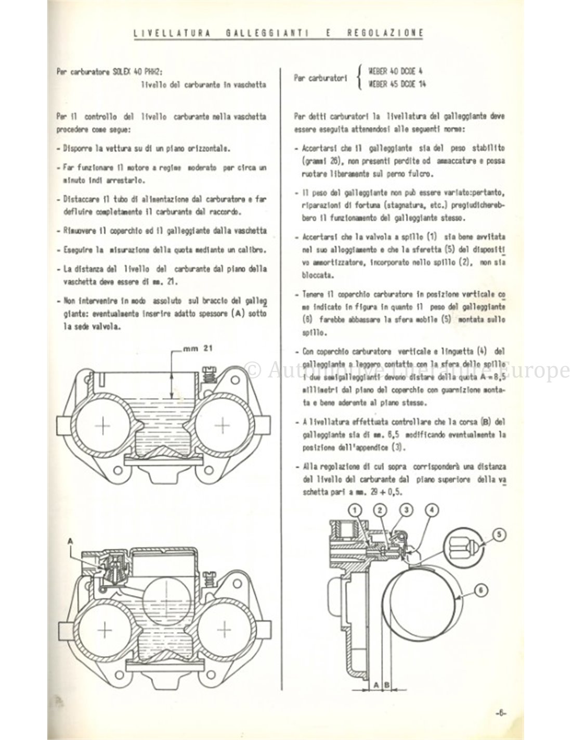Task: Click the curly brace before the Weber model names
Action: [x=361, y=79]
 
